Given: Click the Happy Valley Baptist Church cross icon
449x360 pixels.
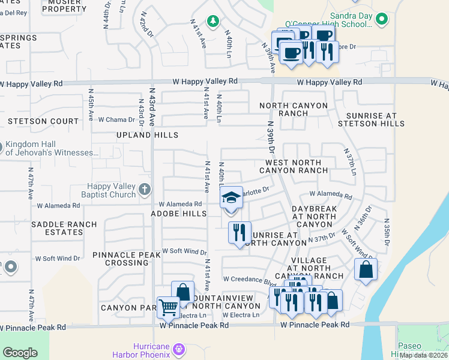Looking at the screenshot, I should (144, 190).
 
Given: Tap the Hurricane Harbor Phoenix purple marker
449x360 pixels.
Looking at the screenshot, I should (178, 349).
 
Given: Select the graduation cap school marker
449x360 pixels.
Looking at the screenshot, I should (231, 199).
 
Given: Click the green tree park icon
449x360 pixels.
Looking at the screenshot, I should (212, 22).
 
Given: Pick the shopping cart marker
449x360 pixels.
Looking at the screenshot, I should (169, 308).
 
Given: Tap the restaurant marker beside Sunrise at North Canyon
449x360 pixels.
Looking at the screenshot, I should (240, 232).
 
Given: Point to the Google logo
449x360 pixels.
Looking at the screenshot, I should (20, 353).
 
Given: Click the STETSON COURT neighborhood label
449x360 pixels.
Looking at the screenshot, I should (35, 121).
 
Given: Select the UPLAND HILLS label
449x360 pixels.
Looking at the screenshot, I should (147, 135).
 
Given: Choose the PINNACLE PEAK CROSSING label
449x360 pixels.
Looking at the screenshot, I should (127, 259).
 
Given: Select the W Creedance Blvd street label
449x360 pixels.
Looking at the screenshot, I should (249, 279).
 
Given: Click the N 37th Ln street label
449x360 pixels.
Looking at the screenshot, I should (349, 162).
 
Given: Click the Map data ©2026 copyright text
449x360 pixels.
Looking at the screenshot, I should (423, 355).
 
